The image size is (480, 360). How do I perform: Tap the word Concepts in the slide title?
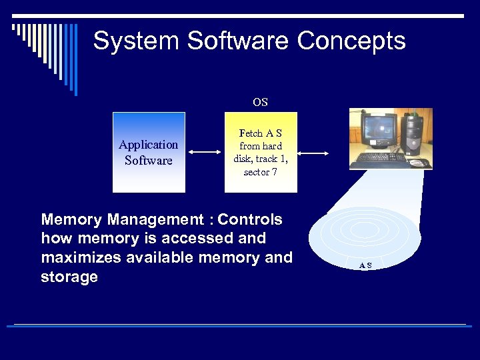tap(351, 41)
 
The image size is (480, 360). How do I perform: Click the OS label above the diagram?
tap(260, 103)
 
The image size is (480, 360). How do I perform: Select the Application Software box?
tap(149, 153)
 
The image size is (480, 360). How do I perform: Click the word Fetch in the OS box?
tap(251, 133)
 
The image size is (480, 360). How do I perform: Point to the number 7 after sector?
tap(275, 172)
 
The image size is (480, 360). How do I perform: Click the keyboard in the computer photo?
tap(379, 159)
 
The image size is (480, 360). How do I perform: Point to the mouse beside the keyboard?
tap(418, 162)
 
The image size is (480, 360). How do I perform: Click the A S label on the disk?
tap(365, 265)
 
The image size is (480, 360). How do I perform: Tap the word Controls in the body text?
tap(250, 220)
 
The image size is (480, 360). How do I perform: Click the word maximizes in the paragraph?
tap(84, 257)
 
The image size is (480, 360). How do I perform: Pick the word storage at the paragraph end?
tap(69, 276)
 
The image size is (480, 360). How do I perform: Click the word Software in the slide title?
tap(238, 41)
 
